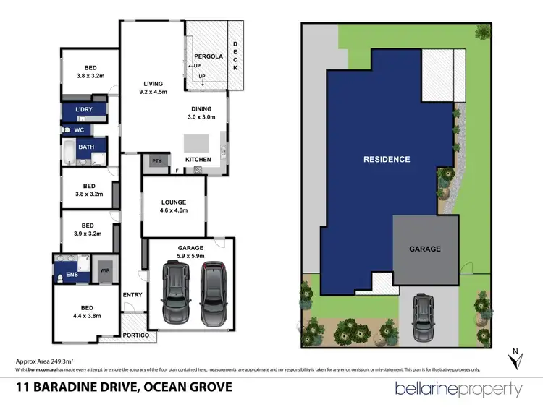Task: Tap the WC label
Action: click(79, 131)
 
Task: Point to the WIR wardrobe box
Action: click(104, 271)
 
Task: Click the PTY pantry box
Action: click(156, 160)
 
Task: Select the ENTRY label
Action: click(132, 294)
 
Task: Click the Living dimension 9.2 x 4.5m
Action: click(152, 92)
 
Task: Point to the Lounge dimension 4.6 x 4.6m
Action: click(174, 211)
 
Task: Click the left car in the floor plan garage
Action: click(174, 292)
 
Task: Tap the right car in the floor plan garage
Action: click(214, 292)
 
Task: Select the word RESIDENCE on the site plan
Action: click(386, 159)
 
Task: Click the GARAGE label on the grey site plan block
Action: click(425, 249)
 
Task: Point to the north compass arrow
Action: click(515, 359)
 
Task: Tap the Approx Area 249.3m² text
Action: click(46, 360)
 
